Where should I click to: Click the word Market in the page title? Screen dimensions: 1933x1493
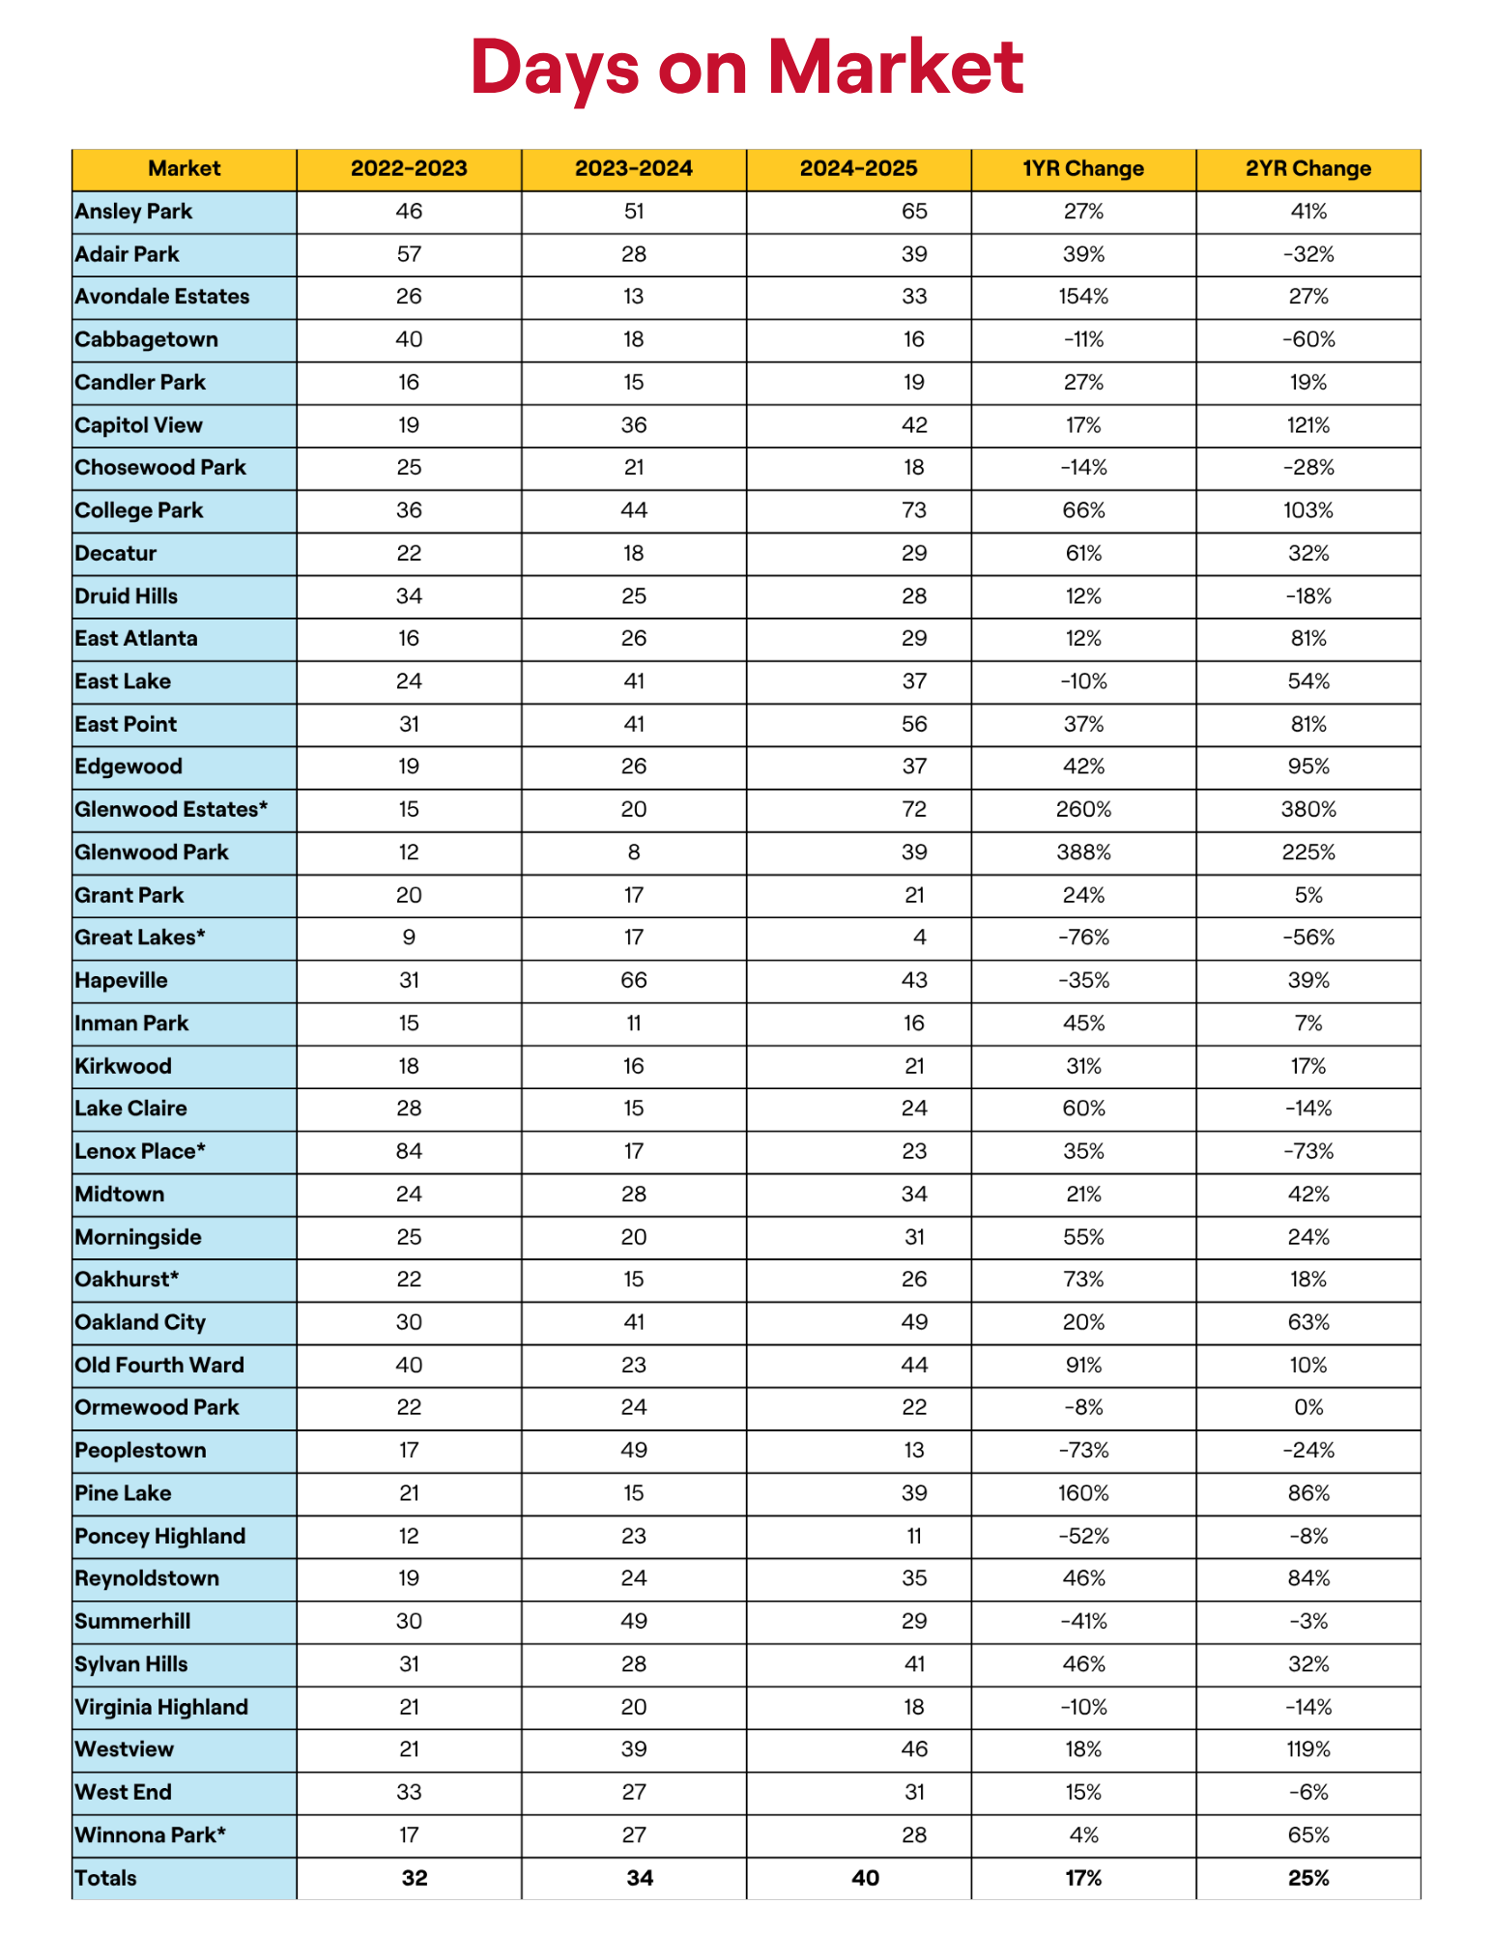coord(895,68)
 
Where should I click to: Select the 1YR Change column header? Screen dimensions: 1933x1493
coord(1082,168)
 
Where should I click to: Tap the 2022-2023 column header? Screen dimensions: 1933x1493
coord(409,168)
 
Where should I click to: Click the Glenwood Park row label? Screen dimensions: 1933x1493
coord(152,852)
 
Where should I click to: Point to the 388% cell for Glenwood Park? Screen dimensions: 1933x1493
coord(1083,852)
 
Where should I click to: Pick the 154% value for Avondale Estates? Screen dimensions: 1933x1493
coord(1083,297)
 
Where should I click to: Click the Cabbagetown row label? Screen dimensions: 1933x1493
coord(146,339)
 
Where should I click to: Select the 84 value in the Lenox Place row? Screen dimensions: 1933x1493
coord(409,1151)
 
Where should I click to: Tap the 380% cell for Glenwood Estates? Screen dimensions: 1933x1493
coord(1308,809)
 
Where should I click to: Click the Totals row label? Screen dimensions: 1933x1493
coord(106,1878)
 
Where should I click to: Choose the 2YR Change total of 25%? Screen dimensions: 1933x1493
coord(1308,1878)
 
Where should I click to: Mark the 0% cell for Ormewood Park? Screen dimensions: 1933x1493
coord(1308,1407)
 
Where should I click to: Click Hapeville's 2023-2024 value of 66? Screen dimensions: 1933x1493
coord(634,980)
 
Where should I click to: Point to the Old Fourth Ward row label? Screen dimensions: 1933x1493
coord(159,1365)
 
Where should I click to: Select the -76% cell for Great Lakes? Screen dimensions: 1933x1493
coord(1083,938)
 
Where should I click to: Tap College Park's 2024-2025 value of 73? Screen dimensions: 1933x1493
coord(914,510)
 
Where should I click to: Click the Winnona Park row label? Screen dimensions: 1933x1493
coord(150,1834)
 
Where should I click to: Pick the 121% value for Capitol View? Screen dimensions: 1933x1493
coord(1308,425)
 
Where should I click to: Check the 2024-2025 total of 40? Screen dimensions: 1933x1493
coord(865,1878)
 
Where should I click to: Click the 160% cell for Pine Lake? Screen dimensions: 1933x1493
coord(1083,1493)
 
